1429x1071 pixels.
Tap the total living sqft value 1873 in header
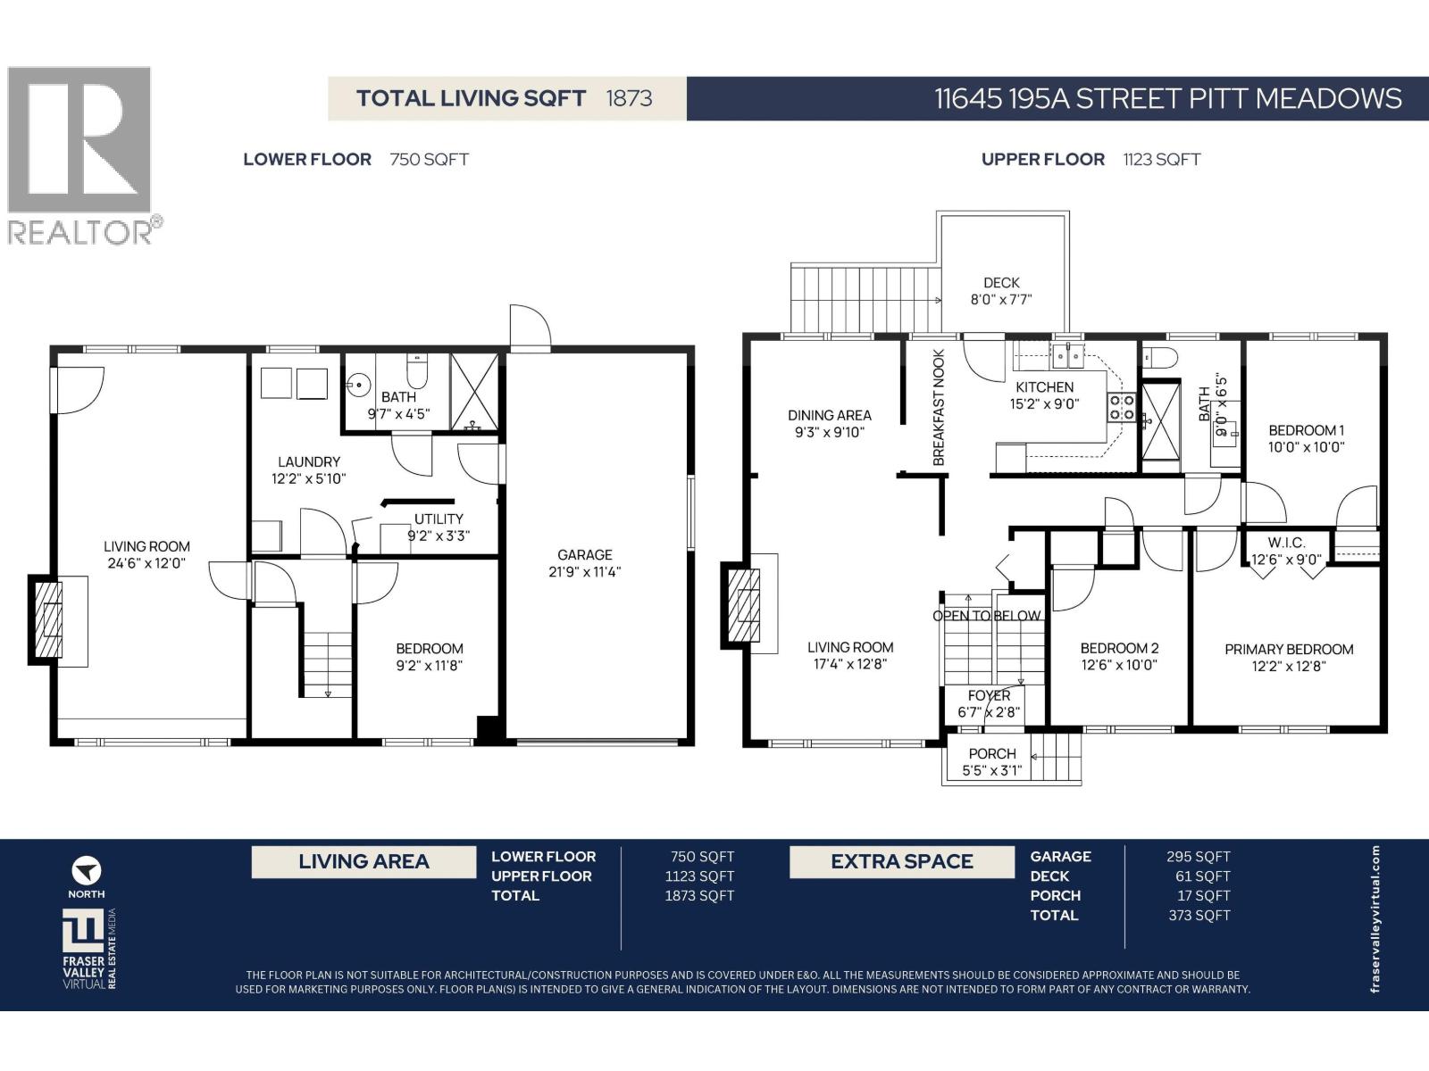(x=629, y=98)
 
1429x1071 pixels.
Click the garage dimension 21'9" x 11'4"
(x=585, y=571)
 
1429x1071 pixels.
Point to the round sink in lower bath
(x=358, y=386)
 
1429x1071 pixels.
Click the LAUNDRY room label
(x=309, y=461)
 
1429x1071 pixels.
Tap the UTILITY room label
(x=439, y=519)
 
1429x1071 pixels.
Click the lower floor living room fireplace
(x=46, y=620)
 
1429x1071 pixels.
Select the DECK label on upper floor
(x=1001, y=283)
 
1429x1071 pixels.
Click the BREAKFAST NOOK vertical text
(x=939, y=407)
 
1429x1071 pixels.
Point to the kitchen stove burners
(x=1122, y=408)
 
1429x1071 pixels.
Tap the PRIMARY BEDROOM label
(x=1289, y=649)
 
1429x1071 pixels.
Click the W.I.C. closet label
(x=1286, y=543)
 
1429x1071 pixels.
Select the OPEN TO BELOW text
(x=986, y=616)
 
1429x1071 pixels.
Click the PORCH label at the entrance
(x=992, y=753)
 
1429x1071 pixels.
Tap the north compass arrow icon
(x=87, y=870)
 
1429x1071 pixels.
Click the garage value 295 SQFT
(x=1198, y=857)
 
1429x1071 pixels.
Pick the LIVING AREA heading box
(x=364, y=862)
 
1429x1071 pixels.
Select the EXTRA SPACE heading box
(x=901, y=862)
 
